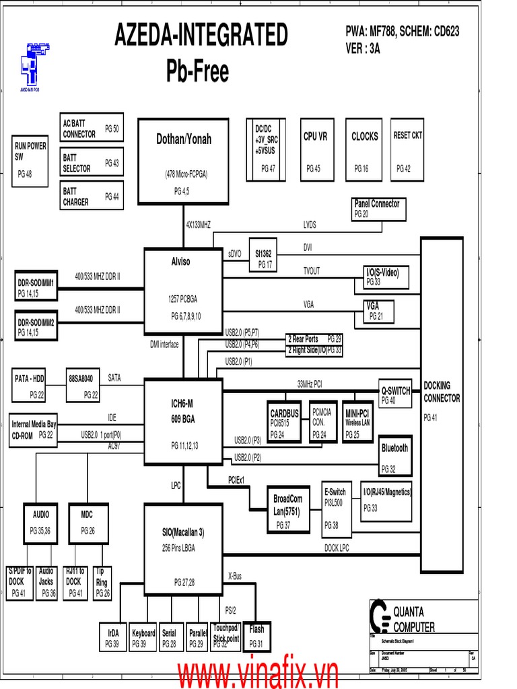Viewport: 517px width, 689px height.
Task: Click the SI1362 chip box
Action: pos(263,258)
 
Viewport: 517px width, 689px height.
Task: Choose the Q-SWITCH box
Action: pos(395,394)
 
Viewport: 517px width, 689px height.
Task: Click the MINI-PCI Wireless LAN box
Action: pos(357,423)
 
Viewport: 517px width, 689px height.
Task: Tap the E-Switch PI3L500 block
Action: pos(336,509)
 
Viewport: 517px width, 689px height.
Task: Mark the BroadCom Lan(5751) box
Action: pos(288,509)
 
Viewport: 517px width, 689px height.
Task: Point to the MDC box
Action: pos(88,522)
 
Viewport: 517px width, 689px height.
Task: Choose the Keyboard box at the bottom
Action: pos(143,638)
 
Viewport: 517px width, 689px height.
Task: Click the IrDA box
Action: pos(112,638)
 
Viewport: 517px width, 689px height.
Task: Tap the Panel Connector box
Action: pos(379,209)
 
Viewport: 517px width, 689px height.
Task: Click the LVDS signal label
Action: pos(310,225)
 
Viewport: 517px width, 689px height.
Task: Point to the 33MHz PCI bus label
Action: pos(310,384)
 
